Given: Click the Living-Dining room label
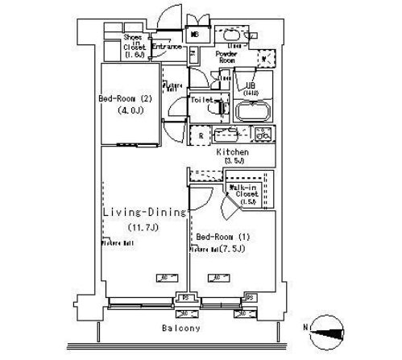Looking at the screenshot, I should point(144,212).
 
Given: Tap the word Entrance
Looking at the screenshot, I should point(164,47).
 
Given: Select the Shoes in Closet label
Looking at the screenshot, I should point(133,46).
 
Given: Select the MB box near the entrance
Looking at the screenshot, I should point(193,35).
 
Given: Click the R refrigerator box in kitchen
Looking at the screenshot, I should point(200,134).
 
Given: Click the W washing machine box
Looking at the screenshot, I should point(264,59).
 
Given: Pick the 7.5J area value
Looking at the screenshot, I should point(236,249).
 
